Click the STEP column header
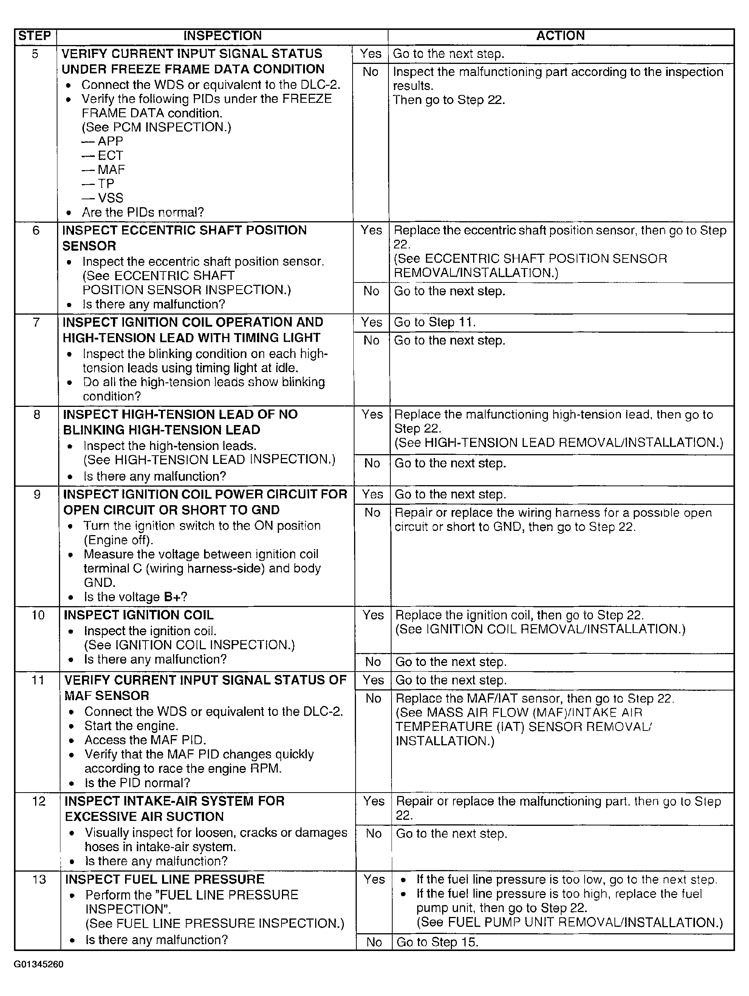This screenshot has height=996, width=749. [x=35, y=36]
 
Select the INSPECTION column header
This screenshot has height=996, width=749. [x=222, y=36]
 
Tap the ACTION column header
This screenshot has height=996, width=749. [x=560, y=36]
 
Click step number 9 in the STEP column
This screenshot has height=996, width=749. [x=37, y=494]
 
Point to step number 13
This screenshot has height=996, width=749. [x=39, y=880]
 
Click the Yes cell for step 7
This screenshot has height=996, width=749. [x=372, y=323]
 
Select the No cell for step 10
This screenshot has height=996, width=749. [x=373, y=661]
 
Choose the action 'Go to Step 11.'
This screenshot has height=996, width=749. [x=435, y=323]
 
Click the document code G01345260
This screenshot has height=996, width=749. [x=39, y=965]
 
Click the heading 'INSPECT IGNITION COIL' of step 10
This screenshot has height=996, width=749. [x=139, y=615]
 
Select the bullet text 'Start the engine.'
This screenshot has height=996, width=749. [x=132, y=726]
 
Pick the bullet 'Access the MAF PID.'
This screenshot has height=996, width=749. [x=145, y=740]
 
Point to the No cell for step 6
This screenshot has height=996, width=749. [x=371, y=291]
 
